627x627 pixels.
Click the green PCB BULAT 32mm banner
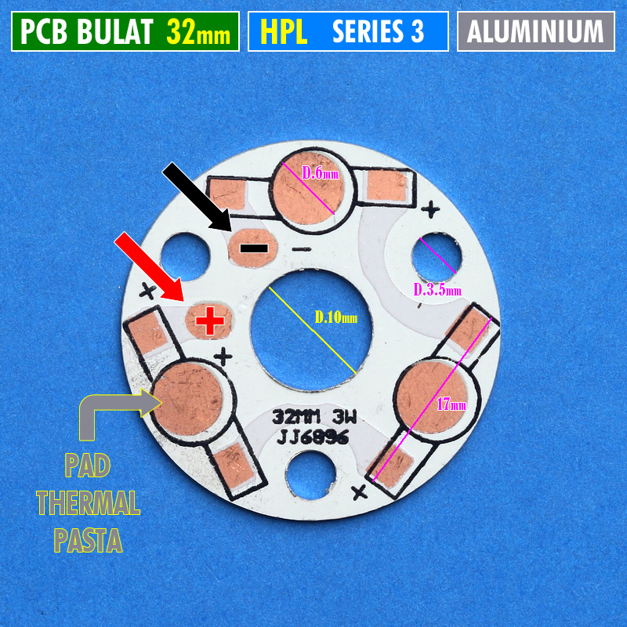tap(125, 31)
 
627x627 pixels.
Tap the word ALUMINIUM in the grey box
tap(536, 31)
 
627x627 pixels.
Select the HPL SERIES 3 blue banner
tap(347, 31)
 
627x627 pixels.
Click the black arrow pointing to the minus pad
tap(196, 197)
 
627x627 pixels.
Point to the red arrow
tap(149, 266)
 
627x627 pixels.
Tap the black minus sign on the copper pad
tap(253, 248)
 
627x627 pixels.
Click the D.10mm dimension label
tap(335, 318)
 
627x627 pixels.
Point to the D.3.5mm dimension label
tap(437, 290)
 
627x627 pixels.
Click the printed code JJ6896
tap(312, 438)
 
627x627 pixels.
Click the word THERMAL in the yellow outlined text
tap(88, 502)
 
